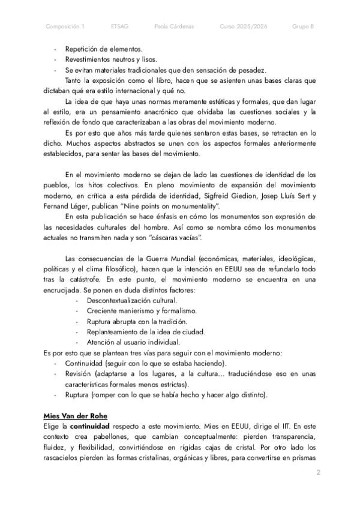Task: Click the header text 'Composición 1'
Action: (x=65, y=26)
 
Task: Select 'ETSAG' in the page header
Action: (x=119, y=26)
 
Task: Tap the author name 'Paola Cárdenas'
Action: (x=174, y=26)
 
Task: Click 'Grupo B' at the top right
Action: (x=303, y=26)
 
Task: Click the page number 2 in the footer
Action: (x=318, y=474)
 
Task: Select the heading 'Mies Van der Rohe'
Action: (x=76, y=415)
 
